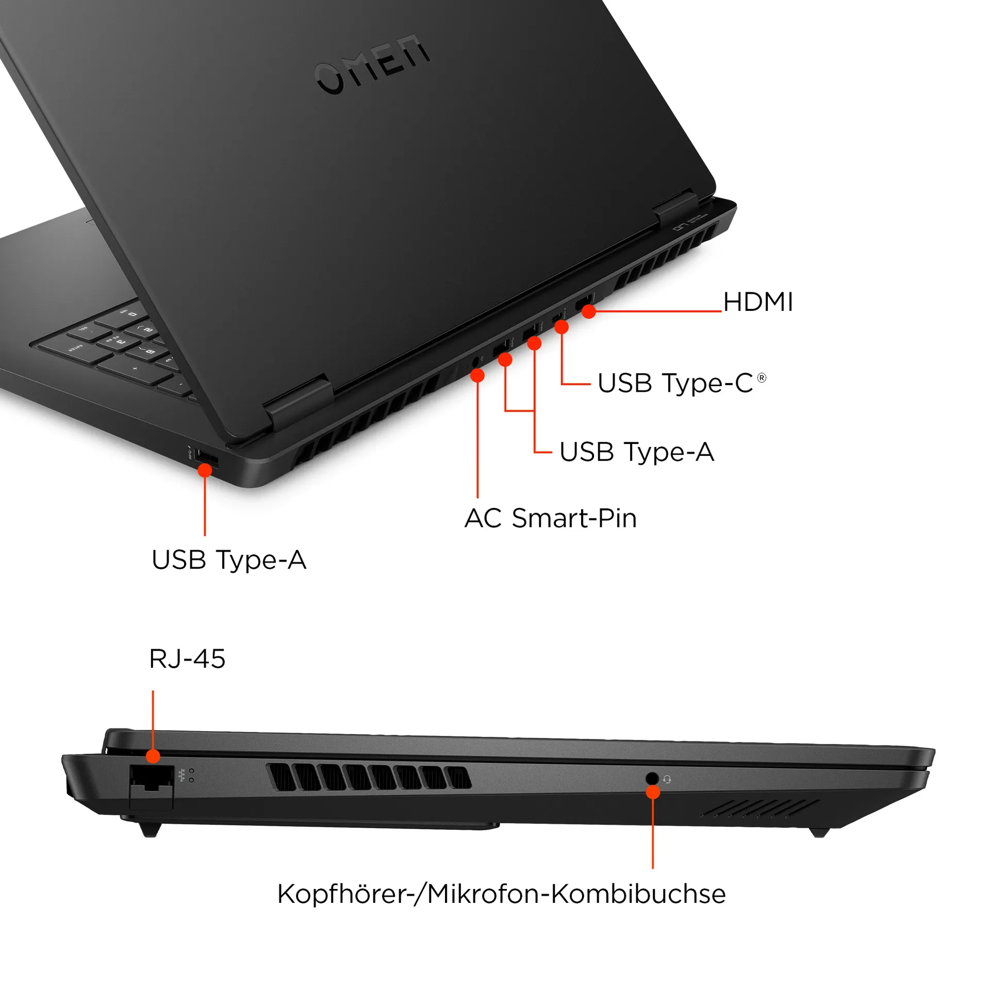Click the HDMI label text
757,302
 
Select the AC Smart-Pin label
550,518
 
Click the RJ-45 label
187,658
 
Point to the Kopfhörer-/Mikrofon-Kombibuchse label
501,894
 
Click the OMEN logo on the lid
372,64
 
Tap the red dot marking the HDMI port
589,311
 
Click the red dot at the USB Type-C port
561,327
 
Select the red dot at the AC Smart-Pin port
477,375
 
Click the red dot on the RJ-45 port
153,756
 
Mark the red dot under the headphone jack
653,792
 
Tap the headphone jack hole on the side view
652,778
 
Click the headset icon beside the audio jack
667,779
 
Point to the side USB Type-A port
206,459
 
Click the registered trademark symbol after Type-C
762,378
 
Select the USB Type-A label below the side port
229,560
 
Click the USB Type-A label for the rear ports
636,452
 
